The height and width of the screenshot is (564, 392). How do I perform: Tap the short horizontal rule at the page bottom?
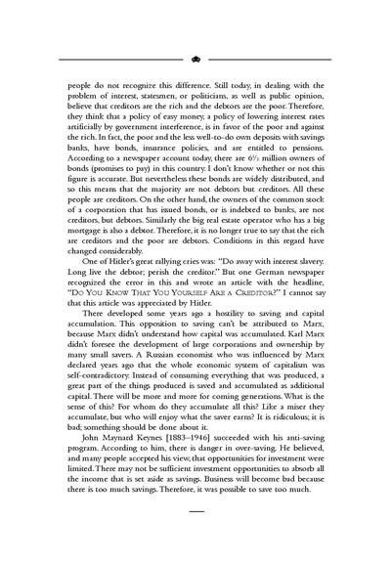(x=196, y=536)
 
